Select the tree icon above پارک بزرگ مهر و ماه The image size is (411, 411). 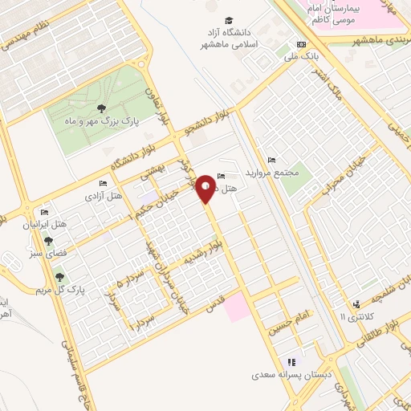pyautogui.click(x=100, y=108)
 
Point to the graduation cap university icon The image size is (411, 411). pyautogui.click(x=230, y=20)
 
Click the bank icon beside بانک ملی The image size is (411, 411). pyautogui.click(x=301, y=44)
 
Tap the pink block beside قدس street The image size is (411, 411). pyautogui.click(x=237, y=307)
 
